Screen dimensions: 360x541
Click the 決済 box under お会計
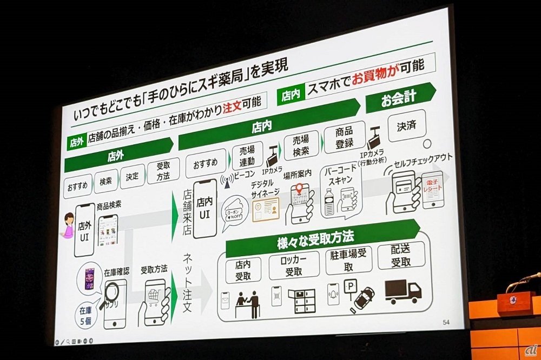pos(407,126)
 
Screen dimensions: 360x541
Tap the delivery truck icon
pos(403,292)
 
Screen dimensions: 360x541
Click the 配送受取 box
pos(401,255)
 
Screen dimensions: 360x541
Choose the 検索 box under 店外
pos(106,182)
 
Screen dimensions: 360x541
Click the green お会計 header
pos(399,98)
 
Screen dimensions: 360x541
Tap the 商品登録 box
pos(344,137)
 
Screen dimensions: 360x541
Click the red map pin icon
pos(299,190)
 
